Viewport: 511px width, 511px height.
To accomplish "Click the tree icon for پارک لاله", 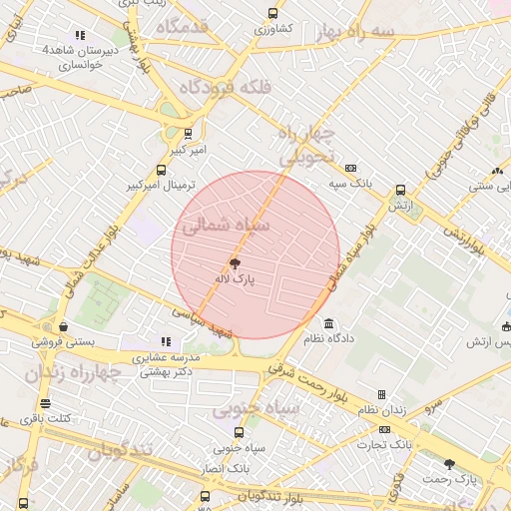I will pos(235,264).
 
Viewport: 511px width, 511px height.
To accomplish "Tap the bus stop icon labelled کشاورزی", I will pos(272,14).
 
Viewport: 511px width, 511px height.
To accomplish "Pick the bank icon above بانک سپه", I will pos(350,168).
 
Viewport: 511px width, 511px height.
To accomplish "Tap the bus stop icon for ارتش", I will pos(400,190).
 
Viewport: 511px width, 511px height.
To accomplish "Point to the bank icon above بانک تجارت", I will pos(384,429).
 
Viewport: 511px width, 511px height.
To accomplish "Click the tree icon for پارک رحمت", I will pos(449,464).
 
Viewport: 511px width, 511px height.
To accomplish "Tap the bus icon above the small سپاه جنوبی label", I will pos(238,432).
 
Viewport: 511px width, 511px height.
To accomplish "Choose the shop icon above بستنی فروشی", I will pos(63,325).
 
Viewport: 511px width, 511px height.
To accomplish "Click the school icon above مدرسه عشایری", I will pos(166,341).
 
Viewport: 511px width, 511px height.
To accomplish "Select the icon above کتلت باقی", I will pos(45,403).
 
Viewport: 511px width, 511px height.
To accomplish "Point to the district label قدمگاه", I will pos(181,26).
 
